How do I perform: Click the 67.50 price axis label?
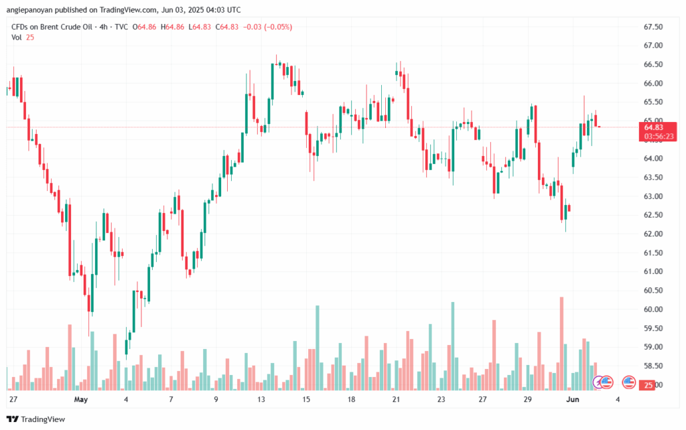(653, 27)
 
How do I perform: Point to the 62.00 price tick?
(653, 234)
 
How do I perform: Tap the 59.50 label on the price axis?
(653, 328)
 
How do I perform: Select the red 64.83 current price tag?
(653, 127)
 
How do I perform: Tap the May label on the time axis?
(81, 399)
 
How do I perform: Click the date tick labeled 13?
(261, 399)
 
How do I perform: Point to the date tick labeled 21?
(396, 399)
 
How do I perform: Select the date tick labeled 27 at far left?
(13, 399)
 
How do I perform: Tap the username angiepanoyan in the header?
(35, 9)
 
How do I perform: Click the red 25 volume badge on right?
(648, 385)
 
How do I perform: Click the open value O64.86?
(145, 27)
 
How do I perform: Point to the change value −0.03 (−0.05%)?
(267, 27)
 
